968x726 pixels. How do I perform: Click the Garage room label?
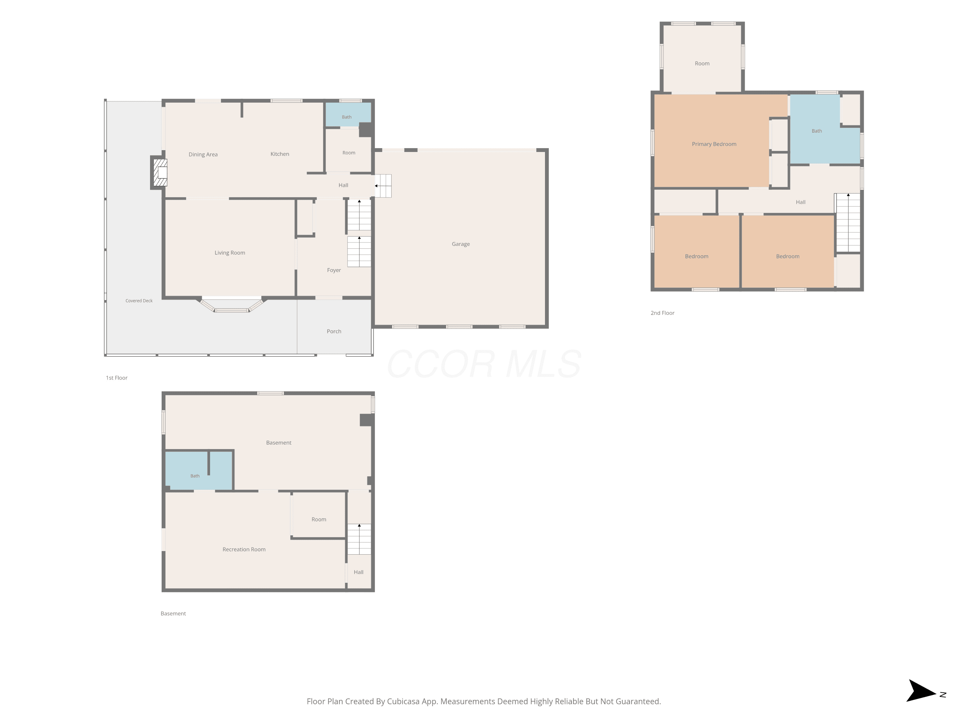461,244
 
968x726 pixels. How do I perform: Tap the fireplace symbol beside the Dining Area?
160,172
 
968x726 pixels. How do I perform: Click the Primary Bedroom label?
714,144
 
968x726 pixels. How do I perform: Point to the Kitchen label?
280,154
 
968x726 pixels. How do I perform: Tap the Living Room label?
230,253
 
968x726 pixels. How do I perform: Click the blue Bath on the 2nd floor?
817,131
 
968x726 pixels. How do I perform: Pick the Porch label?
334,331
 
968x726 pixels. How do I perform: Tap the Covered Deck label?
139,301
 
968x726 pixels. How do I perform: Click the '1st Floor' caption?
116,378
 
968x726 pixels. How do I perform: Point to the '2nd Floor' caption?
662,313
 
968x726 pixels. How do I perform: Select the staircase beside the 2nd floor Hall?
848,223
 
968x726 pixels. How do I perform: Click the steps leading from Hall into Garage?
383,186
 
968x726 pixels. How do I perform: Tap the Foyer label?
334,270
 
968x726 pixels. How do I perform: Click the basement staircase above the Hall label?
359,539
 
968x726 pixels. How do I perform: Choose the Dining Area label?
203,155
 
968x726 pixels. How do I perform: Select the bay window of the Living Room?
231,305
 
